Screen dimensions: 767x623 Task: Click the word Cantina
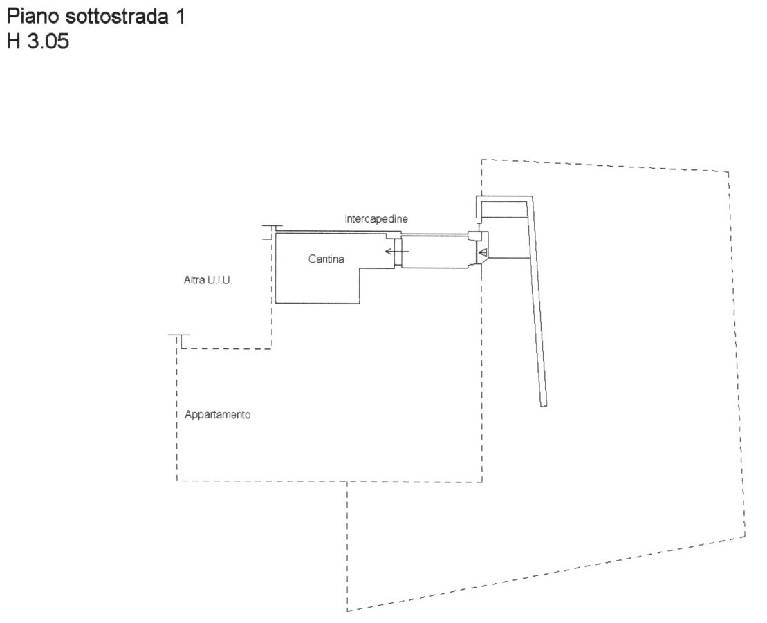(326, 259)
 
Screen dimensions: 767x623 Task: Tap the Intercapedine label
(376, 218)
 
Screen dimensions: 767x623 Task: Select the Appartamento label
(218, 415)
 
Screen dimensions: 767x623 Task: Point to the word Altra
(194, 280)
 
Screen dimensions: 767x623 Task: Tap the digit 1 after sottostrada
(180, 17)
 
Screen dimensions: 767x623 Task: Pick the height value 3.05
(48, 41)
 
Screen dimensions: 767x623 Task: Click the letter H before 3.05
(14, 41)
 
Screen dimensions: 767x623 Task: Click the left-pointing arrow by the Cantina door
(397, 252)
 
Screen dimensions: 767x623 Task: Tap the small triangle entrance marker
(483, 253)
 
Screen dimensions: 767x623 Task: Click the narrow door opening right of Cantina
(398, 252)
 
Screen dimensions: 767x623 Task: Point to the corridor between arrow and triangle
(435, 252)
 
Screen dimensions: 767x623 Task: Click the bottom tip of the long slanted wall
(544, 406)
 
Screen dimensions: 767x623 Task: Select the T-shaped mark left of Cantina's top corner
(268, 232)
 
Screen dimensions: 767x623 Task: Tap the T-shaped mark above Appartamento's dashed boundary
(179, 340)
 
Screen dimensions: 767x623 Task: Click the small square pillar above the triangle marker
(473, 236)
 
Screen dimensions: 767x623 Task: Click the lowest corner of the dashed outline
(347, 611)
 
